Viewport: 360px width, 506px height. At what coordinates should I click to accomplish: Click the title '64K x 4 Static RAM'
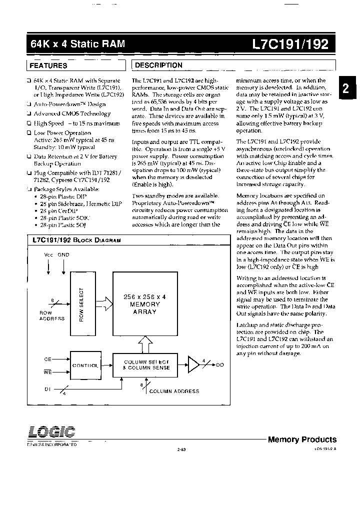tap(77, 44)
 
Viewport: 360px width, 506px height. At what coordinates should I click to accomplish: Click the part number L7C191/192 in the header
tap(291, 44)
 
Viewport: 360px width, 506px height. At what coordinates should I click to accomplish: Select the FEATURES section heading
tap(48, 65)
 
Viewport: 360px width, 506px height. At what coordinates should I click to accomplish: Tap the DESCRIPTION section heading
tap(159, 65)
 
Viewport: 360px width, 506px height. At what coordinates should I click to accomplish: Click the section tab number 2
tap(345, 88)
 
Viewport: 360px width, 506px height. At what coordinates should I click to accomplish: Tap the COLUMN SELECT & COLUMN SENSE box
tap(146, 364)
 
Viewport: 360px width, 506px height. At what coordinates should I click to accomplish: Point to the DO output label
tap(220, 365)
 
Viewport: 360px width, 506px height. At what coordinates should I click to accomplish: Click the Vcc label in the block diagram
tap(48, 254)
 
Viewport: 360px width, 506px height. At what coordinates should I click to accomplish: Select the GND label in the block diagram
tap(63, 254)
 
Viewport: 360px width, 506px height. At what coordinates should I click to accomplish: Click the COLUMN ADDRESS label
tap(174, 391)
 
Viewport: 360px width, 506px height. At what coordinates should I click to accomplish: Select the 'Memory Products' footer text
tap(302, 439)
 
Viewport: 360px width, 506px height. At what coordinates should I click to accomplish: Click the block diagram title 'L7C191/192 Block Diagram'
tap(76, 240)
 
